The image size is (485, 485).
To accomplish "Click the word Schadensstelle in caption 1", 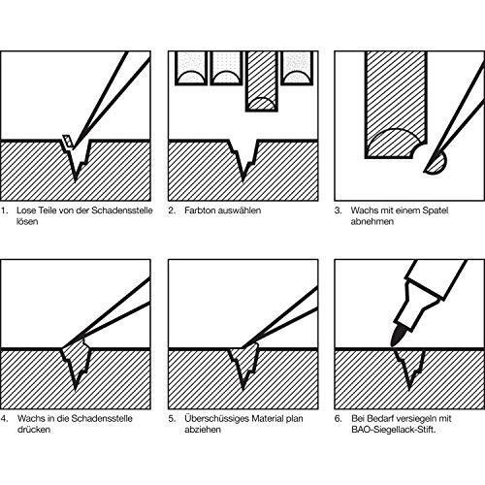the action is pos(122,210).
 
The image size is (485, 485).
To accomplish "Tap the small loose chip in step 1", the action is pos(68,142).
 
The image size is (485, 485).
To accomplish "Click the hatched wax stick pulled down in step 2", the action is pos(262,81).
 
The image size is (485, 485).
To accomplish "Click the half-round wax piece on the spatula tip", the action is pos(436,164).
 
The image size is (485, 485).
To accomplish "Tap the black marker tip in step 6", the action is pos(396,337).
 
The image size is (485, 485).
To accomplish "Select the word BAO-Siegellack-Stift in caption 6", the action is pos(394,430).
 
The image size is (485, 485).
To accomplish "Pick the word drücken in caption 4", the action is pos(34,430).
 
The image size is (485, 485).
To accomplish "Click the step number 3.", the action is pos(339,210).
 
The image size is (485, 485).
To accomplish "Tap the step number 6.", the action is pos(339,419).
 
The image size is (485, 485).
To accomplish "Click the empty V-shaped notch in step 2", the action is pos(243,157).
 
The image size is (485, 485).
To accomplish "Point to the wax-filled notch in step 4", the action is pos(76,362).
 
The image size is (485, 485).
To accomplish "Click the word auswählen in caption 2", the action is pos(239,210).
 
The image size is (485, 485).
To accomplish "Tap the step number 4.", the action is pos(4,419).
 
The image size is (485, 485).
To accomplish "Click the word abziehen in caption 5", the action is pos(203,430).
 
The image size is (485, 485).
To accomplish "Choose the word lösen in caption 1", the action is pos(27,222).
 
